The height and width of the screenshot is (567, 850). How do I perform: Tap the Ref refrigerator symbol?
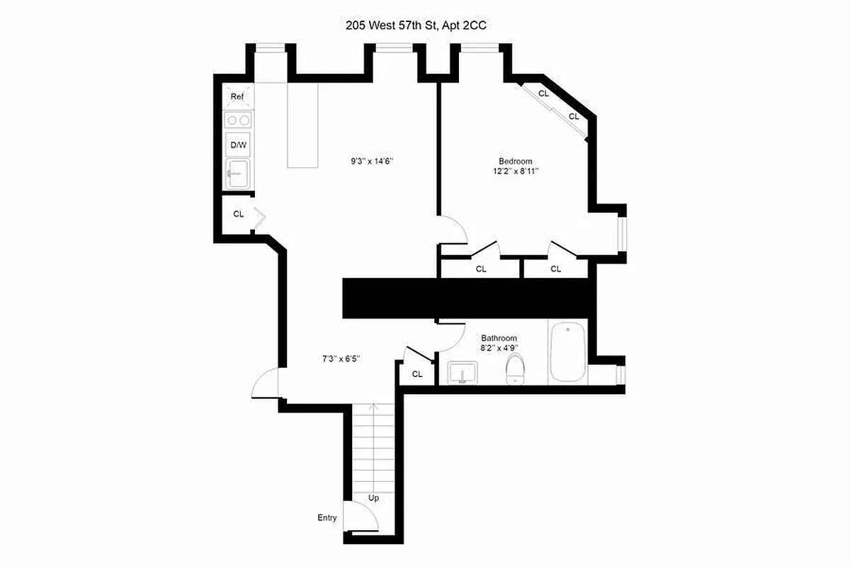click(x=238, y=97)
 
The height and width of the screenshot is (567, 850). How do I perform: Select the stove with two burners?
click(x=238, y=120)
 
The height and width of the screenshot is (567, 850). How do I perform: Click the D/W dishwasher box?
click(x=238, y=145)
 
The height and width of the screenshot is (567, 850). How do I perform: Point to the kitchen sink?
click(x=238, y=172)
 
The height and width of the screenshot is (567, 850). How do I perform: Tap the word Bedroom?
click(x=515, y=161)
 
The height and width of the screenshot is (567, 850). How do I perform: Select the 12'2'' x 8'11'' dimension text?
click(x=515, y=171)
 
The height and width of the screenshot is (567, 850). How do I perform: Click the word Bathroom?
click(x=499, y=338)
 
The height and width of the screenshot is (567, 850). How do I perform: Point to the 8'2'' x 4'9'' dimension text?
click(x=499, y=348)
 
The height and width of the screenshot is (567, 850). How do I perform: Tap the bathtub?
click(x=567, y=352)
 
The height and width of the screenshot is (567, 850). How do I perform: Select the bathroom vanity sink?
click(x=463, y=372)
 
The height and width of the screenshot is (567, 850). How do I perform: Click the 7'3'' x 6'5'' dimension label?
click(x=341, y=359)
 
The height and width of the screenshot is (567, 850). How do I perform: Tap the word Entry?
click(x=327, y=518)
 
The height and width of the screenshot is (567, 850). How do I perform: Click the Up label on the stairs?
click(x=373, y=498)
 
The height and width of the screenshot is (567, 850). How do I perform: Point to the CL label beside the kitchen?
click(x=239, y=213)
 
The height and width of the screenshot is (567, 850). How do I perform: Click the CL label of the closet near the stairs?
click(x=417, y=374)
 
